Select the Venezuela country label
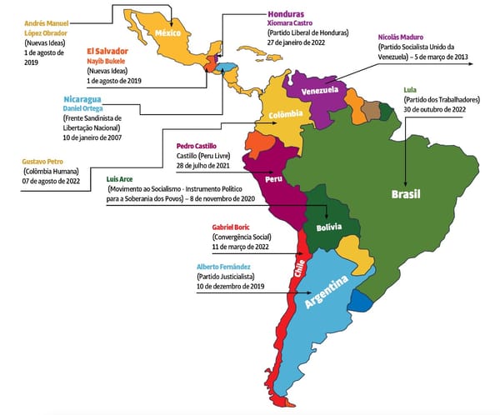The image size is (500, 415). pos(318,89)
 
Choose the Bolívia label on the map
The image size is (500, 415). pos(330,227)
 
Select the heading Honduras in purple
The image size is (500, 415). pos(286,14)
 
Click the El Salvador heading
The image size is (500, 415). pos(112,51)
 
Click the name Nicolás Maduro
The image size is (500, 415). pos(406,36)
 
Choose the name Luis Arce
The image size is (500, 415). pos(125,179)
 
